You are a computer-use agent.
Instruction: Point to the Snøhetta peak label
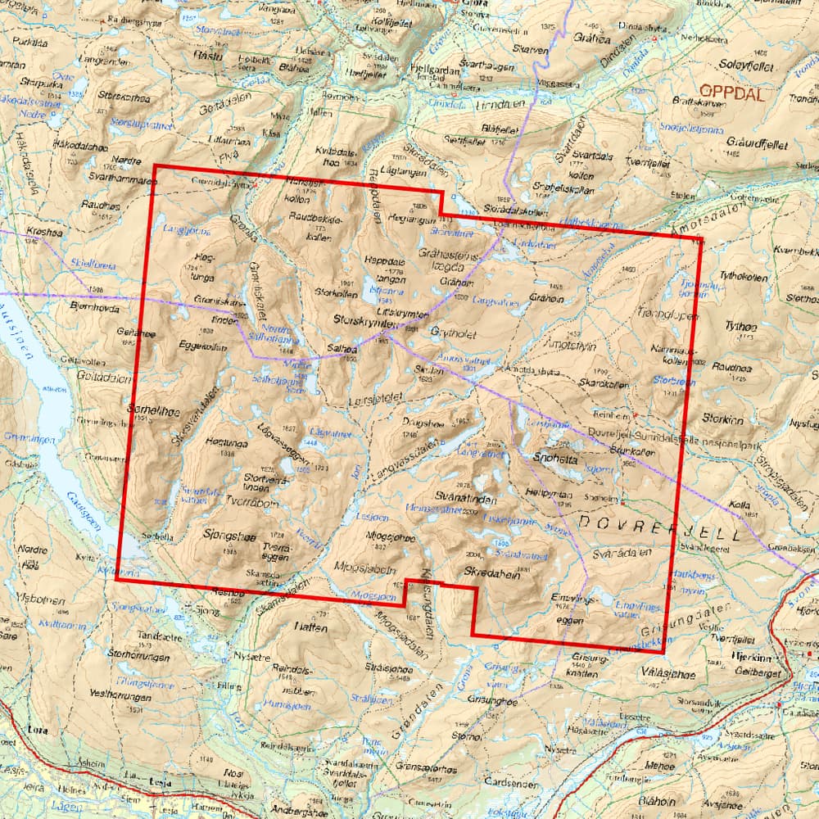point(556,460)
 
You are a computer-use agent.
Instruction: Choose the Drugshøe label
point(423,423)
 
